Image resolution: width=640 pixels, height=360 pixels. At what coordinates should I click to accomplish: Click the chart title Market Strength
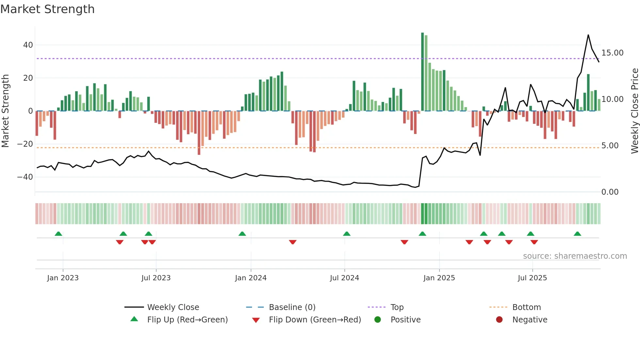[47, 9]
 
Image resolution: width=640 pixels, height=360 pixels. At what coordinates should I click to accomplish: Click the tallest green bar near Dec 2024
[423, 72]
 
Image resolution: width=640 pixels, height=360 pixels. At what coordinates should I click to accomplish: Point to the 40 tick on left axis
[28, 45]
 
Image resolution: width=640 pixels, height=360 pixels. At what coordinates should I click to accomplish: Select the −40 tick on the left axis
[25, 177]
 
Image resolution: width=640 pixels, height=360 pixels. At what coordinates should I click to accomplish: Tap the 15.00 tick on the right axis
[612, 53]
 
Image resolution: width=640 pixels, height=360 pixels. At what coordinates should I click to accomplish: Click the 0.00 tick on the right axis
[610, 192]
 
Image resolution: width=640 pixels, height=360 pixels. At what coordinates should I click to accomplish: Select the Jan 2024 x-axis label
[250, 278]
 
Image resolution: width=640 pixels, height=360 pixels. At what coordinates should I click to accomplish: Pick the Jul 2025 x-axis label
[532, 278]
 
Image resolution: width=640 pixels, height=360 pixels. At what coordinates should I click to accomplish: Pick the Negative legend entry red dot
[499, 320]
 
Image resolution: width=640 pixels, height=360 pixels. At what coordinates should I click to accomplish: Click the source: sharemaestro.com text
[575, 256]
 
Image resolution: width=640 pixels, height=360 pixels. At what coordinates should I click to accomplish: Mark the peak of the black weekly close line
[588, 35]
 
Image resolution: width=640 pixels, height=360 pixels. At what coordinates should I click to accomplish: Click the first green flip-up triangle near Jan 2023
[58, 234]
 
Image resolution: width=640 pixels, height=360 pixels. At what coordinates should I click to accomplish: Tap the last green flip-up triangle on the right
[577, 234]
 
